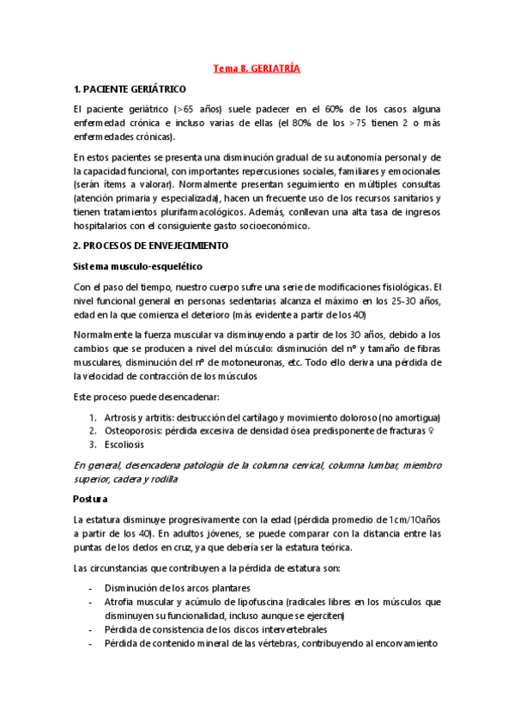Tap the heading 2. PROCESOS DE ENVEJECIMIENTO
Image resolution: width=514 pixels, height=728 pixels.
tap(151, 245)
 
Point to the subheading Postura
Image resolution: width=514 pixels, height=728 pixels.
tap(90, 498)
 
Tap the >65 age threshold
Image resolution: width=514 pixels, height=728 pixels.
tap(187, 110)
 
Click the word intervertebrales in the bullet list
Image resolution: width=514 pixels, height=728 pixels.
tap(284, 629)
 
